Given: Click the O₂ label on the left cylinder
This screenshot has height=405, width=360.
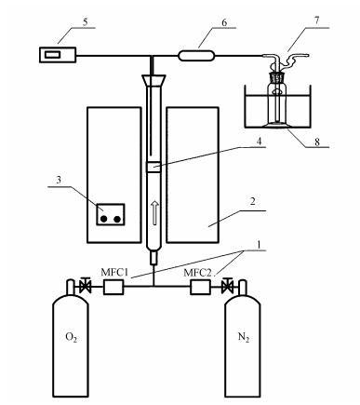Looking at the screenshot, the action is (x=71, y=337).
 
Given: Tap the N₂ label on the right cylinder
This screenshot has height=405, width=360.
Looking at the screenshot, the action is (x=244, y=337).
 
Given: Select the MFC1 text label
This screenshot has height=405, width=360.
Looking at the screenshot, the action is (x=114, y=273).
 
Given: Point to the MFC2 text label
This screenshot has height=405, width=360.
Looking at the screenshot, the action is (x=197, y=273).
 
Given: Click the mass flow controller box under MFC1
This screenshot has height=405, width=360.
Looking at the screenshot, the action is (x=113, y=287).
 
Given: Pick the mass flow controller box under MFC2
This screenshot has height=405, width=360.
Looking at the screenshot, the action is (x=200, y=287).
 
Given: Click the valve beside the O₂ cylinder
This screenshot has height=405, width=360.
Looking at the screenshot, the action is (x=85, y=286).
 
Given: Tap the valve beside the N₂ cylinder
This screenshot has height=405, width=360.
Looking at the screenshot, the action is (x=228, y=286).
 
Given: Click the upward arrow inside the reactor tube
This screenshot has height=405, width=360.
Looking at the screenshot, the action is (x=155, y=212).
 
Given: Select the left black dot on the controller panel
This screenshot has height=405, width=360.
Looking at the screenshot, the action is (x=104, y=219).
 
